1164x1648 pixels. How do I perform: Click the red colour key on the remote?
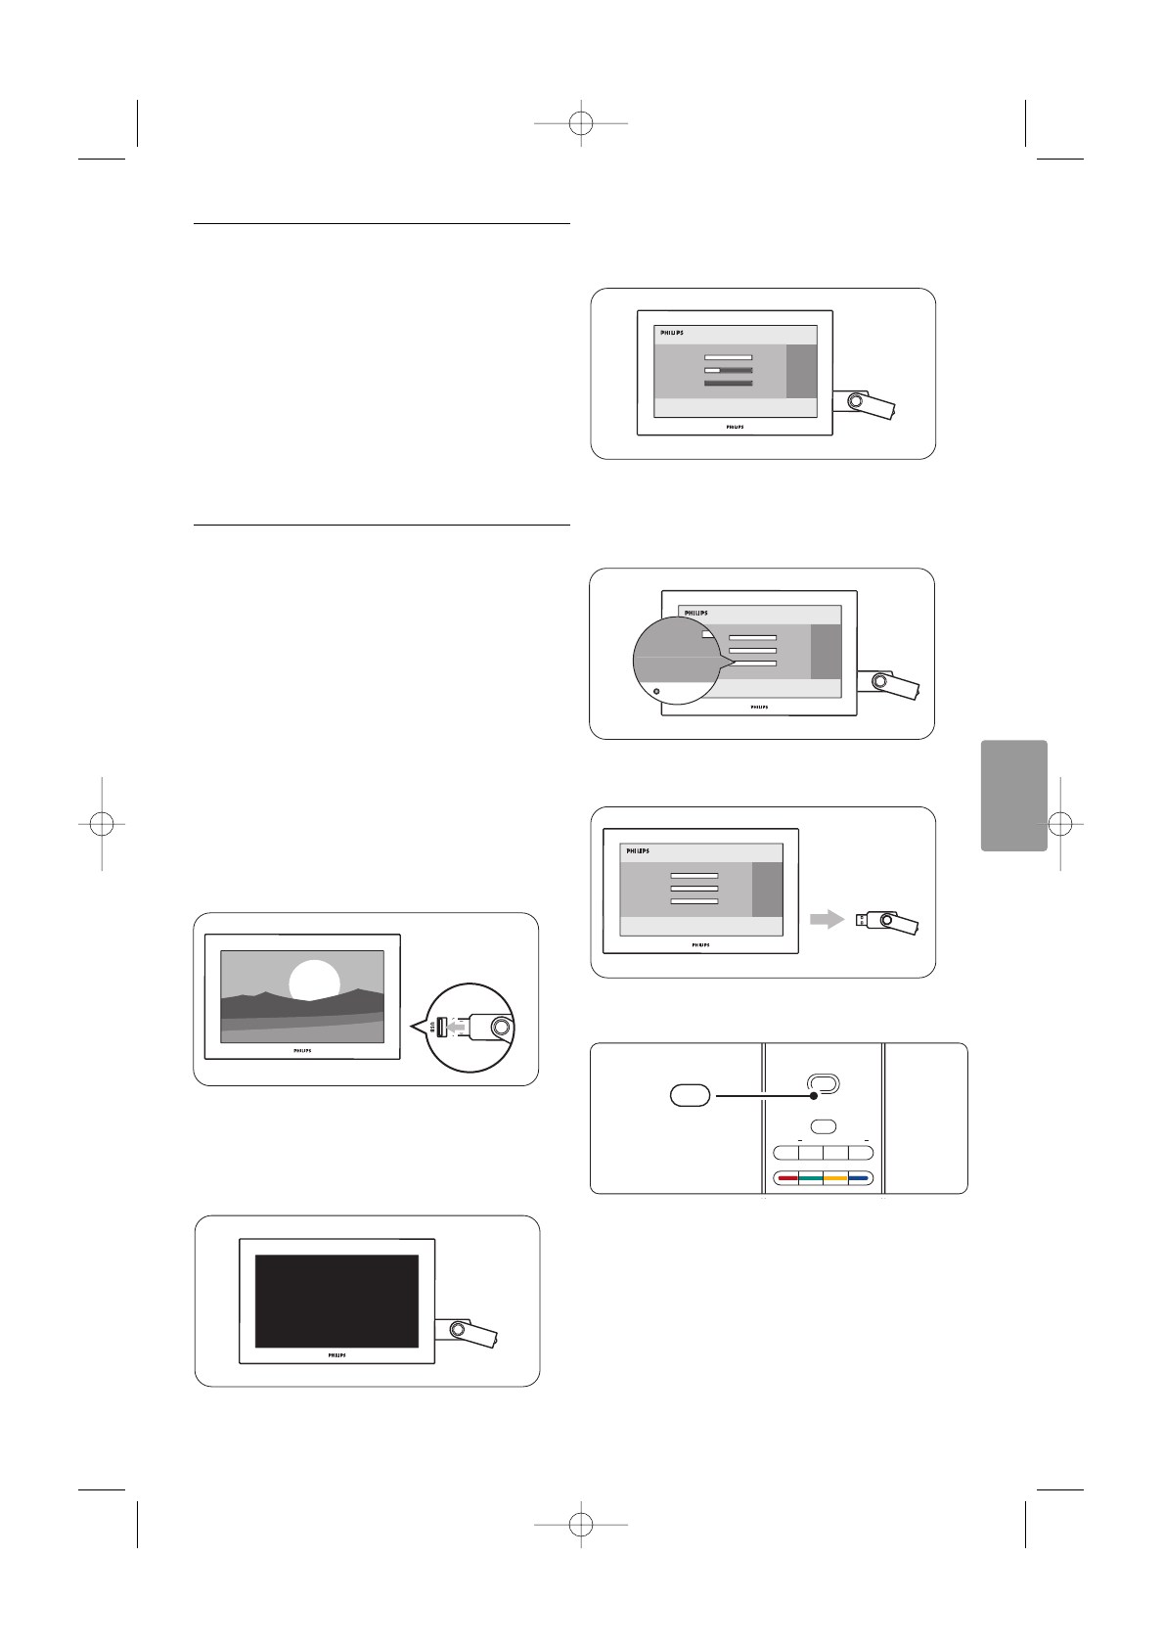coord(786,1178)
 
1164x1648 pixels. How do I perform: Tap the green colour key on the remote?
coord(811,1178)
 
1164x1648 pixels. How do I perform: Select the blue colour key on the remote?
coord(860,1178)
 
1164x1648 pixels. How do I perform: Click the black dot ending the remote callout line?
coord(813,1096)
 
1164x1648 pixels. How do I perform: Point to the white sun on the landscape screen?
coord(314,981)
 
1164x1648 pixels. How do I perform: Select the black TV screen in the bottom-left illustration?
coord(336,1301)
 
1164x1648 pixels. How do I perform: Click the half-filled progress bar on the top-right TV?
coord(729,371)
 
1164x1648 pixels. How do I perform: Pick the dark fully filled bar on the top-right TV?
coord(729,384)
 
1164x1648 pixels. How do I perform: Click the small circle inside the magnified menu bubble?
coord(656,691)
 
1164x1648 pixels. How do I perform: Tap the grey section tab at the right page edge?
coord(1013,795)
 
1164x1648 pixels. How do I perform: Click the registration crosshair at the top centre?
coord(581,123)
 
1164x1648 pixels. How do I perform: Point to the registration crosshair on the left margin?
coord(101,824)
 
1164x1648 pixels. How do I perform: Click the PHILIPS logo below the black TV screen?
coord(336,1355)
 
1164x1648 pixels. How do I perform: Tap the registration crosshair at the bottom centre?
coord(581,1524)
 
